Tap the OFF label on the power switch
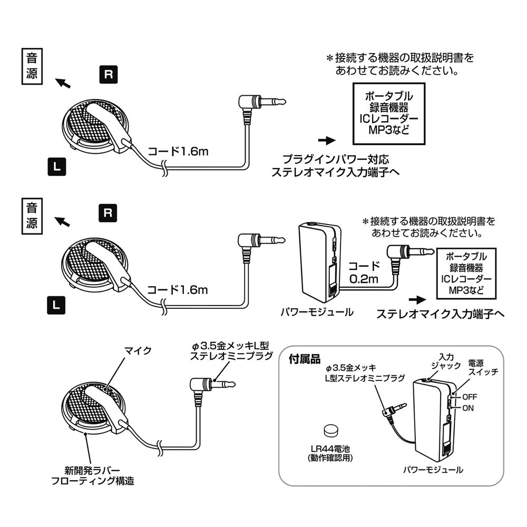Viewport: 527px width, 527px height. click(x=470, y=396)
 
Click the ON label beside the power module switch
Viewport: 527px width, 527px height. click(x=468, y=407)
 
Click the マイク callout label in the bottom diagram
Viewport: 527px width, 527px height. click(x=137, y=350)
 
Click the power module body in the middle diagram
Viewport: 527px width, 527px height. click(x=319, y=261)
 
